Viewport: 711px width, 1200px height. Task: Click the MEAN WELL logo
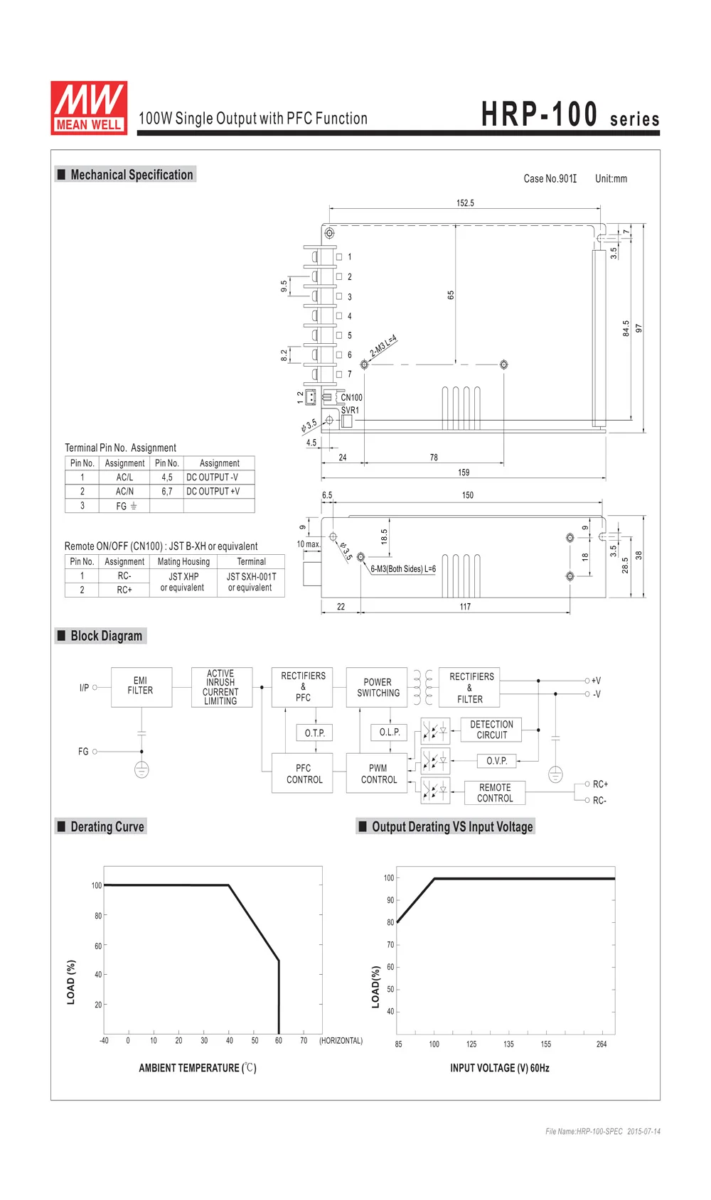(89, 108)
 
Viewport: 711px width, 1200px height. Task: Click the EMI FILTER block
(141, 686)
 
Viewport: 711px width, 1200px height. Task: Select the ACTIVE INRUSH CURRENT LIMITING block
(220, 686)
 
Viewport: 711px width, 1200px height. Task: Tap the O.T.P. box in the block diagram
(314, 733)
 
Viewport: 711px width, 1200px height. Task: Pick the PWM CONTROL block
(378, 774)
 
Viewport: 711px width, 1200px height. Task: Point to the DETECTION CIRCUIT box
(491, 730)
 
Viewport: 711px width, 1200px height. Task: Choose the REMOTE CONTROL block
(495, 793)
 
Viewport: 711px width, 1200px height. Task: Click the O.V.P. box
(496, 761)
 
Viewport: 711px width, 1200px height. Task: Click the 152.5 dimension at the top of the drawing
(465, 203)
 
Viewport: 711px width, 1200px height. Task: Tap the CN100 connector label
(351, 398)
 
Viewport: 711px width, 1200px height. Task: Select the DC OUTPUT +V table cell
(213, 491)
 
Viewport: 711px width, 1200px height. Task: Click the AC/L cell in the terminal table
(124, 477)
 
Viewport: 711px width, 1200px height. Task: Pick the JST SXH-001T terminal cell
(250, 582)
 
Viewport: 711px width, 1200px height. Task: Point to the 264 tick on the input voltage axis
(602, 1044)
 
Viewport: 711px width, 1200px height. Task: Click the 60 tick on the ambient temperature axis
(279, 1041)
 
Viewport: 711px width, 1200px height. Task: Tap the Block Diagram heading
(106, 636)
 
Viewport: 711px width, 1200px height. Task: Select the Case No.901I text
(550, 179)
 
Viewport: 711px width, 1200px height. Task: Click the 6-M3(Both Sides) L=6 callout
(403, 569)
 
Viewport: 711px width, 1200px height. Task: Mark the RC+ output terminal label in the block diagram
(600, 784)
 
